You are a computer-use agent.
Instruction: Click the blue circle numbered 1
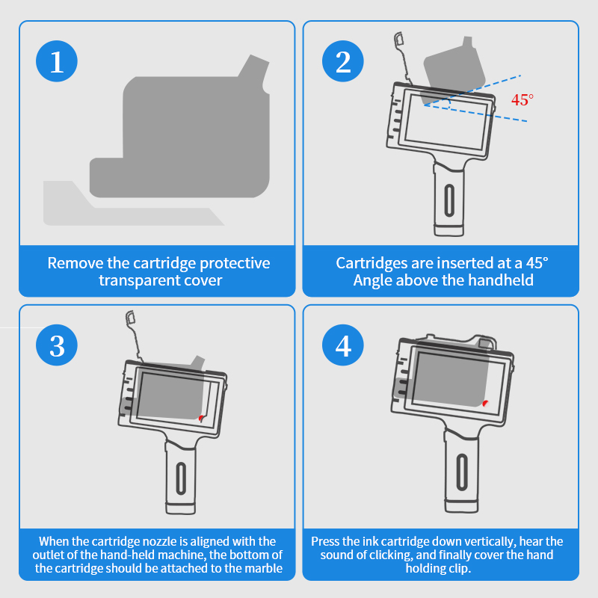click(58, 62)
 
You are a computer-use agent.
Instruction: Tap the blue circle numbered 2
click(343, 62)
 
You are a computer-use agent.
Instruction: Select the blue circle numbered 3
click(58, 346)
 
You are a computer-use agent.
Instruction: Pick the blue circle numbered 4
click(343, 346)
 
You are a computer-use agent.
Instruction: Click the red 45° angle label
click(523, 99)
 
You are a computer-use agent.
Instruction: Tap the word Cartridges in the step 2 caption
click(371, 263)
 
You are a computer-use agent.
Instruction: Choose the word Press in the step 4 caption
click(327, 540)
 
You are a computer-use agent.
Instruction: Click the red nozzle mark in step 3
click(201, 417)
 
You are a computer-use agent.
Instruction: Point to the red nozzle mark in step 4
click(486, 403)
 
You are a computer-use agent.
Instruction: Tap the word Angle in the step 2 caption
click(373, 280)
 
